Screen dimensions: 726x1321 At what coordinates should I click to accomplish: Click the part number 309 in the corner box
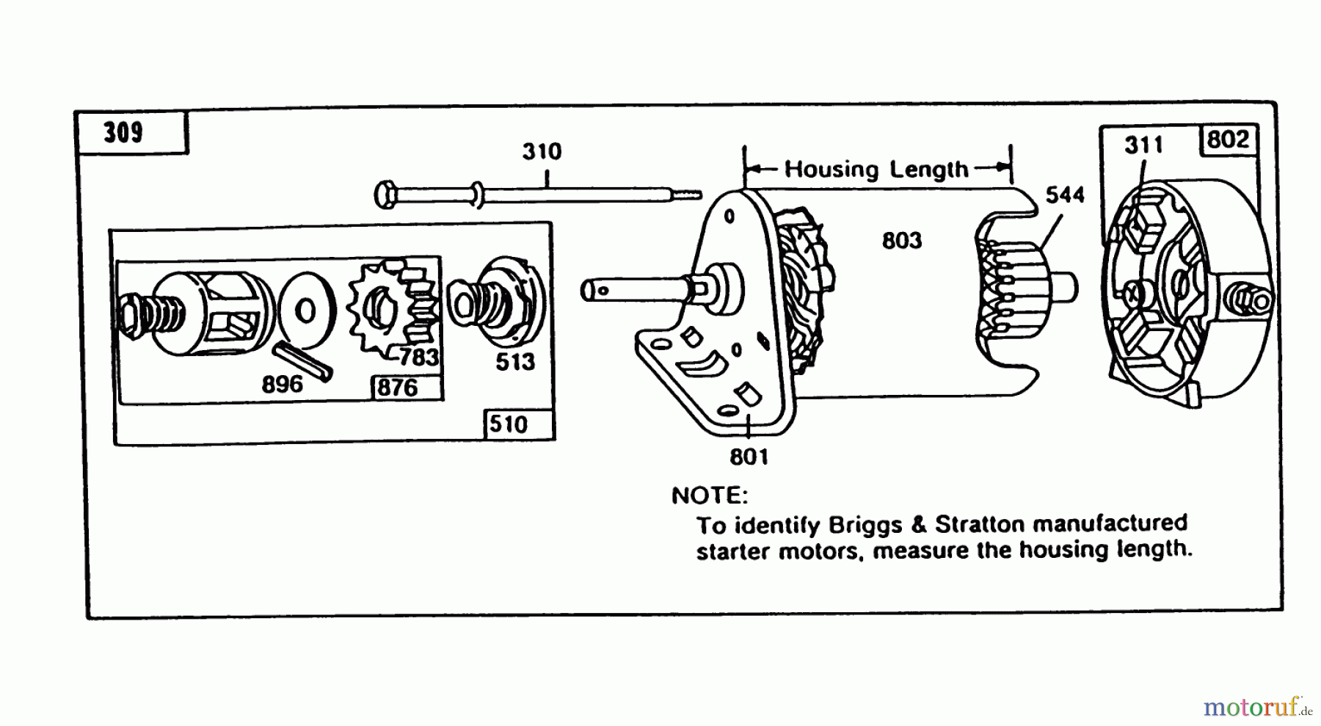click(123, 133)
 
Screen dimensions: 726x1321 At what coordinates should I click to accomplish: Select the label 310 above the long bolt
click(542, 151)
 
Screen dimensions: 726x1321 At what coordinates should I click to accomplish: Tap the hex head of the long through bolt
click(385, 195)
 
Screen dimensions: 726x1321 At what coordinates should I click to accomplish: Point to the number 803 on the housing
click(902, 240)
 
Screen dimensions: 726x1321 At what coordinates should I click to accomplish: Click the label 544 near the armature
click(1065, 195)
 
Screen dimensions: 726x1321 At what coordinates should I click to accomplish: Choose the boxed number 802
click(1228, 139)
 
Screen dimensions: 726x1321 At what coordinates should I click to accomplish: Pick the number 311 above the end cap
click(1143, 145)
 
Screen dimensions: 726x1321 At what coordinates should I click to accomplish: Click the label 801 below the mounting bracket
click(749, 457)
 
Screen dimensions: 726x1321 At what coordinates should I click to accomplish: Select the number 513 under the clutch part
click(514, 361)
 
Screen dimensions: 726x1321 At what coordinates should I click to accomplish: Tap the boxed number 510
click(509, 424)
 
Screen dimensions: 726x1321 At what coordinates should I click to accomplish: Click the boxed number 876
click(397, 388)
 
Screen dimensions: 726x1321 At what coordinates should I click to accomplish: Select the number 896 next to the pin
click(282, 384)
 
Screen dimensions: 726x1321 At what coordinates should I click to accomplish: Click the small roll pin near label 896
click(303, 360)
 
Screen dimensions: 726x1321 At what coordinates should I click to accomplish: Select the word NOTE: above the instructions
click(709, 496)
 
